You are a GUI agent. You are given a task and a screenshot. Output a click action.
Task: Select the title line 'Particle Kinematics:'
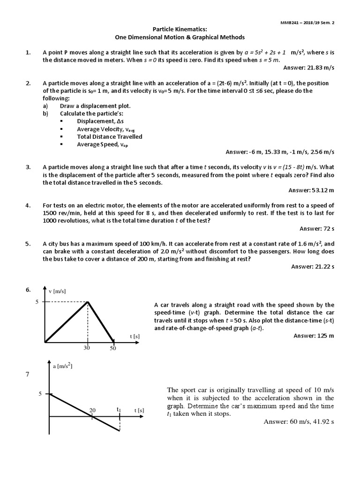point(180,30)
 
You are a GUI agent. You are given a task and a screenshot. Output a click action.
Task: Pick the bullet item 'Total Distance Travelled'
point(109,136)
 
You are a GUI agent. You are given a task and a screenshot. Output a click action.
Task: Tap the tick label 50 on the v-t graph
point(112,349)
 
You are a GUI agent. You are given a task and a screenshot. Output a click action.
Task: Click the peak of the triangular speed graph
point(88,302)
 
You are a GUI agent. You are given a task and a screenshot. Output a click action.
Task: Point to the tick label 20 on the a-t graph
point(93,410)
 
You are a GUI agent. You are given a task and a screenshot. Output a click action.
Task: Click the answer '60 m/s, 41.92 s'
point(299,422)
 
